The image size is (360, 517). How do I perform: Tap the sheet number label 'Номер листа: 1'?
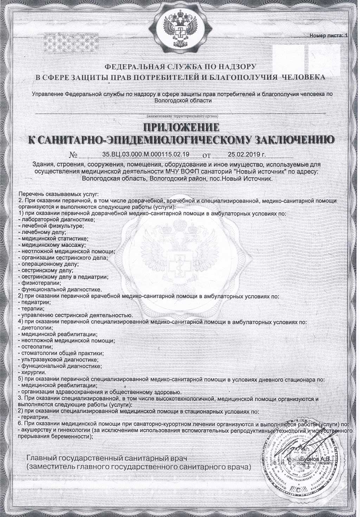click(327, 35)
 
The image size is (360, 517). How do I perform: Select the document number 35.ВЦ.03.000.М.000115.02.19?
click(146, 154)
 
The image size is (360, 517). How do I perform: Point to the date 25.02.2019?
click(246, 154)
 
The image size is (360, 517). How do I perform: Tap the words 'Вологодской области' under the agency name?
click(180, 100)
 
